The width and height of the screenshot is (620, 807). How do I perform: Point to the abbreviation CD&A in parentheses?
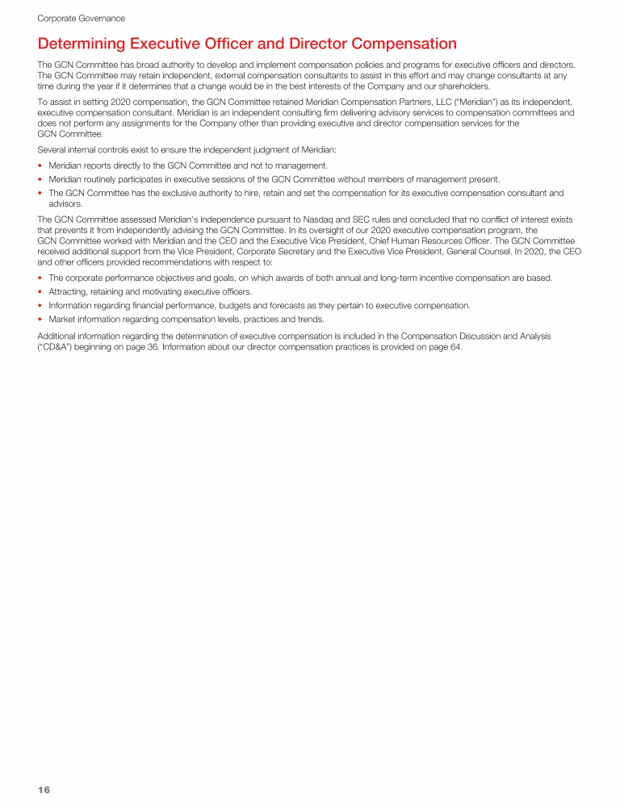(57, 348)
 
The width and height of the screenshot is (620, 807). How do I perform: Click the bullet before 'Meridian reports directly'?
(41, 165)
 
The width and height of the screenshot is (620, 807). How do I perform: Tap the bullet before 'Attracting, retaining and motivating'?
(41, 292)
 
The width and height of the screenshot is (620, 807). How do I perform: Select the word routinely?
(103, 179)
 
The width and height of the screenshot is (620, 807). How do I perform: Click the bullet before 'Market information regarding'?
(41, 318)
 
